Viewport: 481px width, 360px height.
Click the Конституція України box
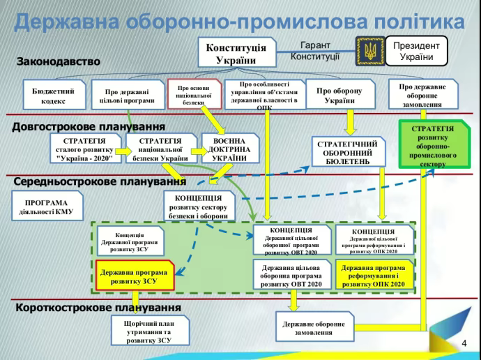point(236,53)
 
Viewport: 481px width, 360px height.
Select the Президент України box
point(416,51)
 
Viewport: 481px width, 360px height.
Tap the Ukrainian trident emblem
point(369,51)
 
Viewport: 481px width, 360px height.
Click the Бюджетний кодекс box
point(53,96)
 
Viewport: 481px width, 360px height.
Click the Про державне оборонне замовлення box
point(422,96)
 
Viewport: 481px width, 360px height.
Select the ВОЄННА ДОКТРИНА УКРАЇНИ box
point(225,149)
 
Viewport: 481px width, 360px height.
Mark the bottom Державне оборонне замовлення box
point(313,329)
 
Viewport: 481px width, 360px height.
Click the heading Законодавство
point(59,61)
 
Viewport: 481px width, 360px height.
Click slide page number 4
point(465,343)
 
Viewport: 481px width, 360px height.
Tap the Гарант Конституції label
point(315,50)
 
